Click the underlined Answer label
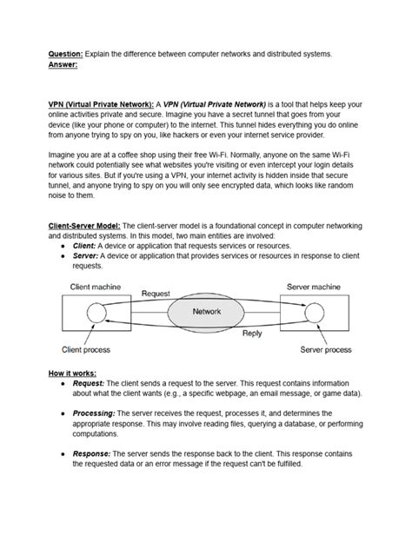pos(63,63)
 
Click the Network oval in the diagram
pos(205,310)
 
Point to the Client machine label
pos(91,285)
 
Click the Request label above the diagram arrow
pos(155,294)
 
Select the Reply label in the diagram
pos(253,332)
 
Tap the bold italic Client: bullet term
pos(84,247)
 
